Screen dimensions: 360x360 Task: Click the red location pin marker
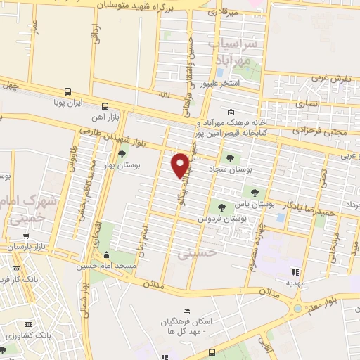pyautogui.click(x=181, y=165)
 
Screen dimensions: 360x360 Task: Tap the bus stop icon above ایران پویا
pyautogui.click(x=68, y=91)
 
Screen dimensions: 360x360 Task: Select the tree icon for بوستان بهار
pyautogui.click(x=122, y=155)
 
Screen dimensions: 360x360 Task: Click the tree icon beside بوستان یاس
pyautogui.click(x=254, y=193)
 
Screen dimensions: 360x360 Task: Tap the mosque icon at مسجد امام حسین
pyautogui.click(x=106, y=254)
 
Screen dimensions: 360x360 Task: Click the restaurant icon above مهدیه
pyautogui.click(x=295, y=271)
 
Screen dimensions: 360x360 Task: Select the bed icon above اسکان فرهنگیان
pyautogui.click(x=186, y=311)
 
